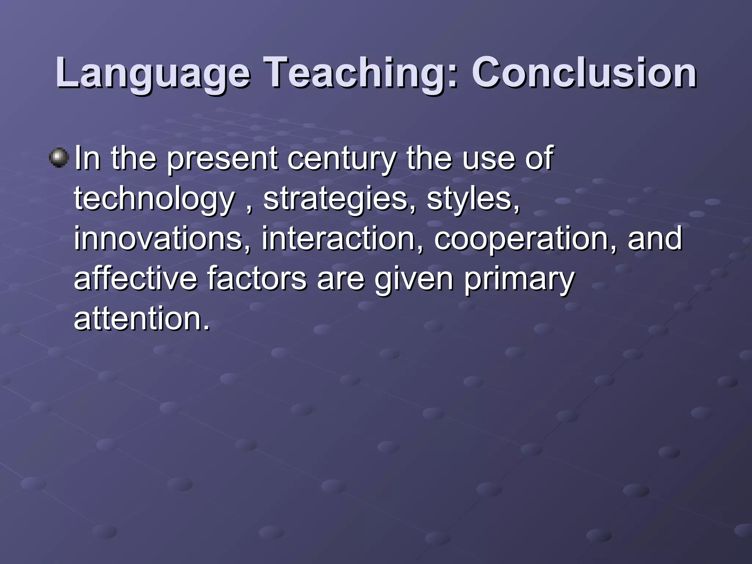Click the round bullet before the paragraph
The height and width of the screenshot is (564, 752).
(x=59, y=158)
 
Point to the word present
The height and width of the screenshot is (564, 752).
(x=222, y=159)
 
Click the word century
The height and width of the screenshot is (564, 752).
(x=341, y=159)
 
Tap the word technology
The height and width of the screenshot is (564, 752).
(x=154, y=199)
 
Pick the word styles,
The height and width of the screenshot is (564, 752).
(x=473, y=199)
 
